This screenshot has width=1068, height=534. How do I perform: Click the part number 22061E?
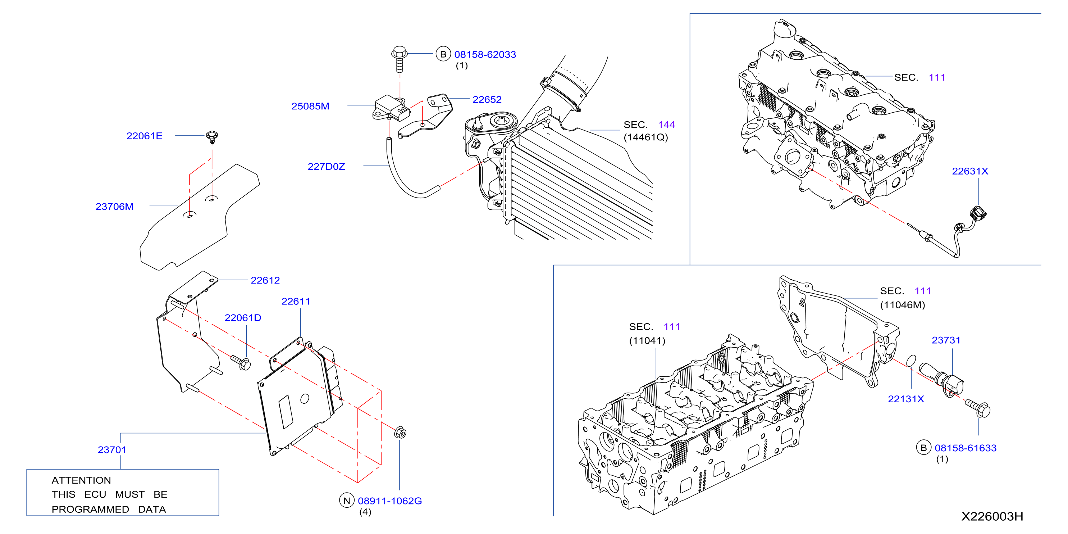(x=144, y=136)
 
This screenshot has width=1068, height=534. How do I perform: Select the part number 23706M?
(x=114, y=207)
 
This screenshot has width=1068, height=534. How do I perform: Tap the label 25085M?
(x=310, y=106)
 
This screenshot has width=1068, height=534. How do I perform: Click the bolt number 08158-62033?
(x=485, y=54)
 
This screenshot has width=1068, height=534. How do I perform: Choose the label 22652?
(x=487, y=100)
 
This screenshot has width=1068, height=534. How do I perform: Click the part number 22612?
(x=265, y=280)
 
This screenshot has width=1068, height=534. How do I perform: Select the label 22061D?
(x=243, y=318)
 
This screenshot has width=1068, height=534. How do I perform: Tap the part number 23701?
(x=112, y=450)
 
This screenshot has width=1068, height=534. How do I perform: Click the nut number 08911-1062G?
(x=390, y=501)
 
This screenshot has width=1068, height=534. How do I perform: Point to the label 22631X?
(x=970, y=171)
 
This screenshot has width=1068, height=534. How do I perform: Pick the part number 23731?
(x=946, y=340)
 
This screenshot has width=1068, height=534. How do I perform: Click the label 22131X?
(x=906, y=399)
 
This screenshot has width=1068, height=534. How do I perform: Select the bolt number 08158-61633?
(x=966, y=448)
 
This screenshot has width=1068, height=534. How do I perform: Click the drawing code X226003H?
(x=992, y=517)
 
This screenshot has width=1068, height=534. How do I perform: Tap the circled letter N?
(x=347, y=501)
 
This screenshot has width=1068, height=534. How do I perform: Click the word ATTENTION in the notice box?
(x=81, y=480)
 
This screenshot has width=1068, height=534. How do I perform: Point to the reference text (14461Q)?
(x=646, y=137)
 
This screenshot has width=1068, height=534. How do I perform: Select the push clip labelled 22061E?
(x=212, y=136)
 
